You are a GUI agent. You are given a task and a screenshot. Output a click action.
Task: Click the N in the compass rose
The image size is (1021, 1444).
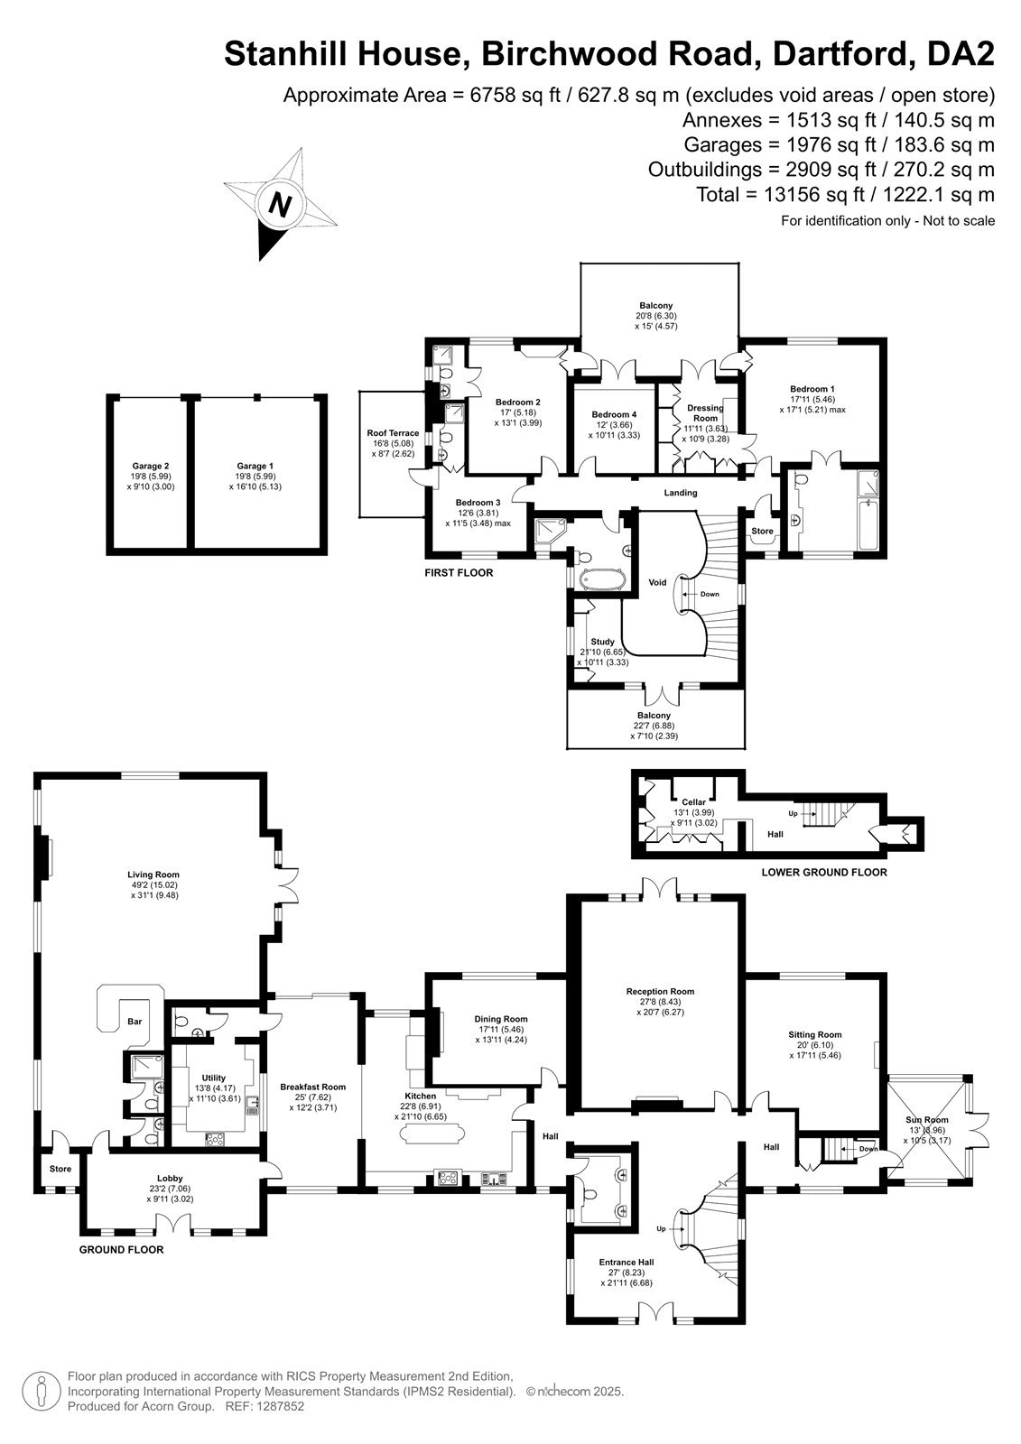point(279,204)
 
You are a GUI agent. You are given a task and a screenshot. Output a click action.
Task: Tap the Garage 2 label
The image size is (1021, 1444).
point(150,466)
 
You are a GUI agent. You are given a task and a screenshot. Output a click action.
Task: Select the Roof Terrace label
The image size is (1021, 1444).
point(393,433)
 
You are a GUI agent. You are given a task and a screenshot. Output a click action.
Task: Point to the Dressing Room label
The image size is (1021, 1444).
point(706,412)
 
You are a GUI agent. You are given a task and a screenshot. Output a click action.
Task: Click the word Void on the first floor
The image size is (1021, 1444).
point(657,582)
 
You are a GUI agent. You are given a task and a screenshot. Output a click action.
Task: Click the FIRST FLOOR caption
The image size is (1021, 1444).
point(459,572)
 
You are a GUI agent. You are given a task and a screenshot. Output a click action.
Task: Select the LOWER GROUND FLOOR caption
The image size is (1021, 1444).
point(823,872)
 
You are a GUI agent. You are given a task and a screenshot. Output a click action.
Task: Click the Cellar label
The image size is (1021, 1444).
point(694,802)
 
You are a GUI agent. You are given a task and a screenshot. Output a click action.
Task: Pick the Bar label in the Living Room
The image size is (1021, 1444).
point(135,1021)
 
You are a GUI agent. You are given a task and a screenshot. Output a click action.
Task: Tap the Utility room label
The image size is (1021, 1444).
point(213,1078)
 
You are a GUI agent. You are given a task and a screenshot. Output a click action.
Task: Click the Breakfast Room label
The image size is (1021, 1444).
point(313,1087)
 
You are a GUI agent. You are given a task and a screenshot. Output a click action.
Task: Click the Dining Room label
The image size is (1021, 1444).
point(501,1019)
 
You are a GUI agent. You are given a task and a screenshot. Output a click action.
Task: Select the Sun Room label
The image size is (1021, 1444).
point(927,1120)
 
